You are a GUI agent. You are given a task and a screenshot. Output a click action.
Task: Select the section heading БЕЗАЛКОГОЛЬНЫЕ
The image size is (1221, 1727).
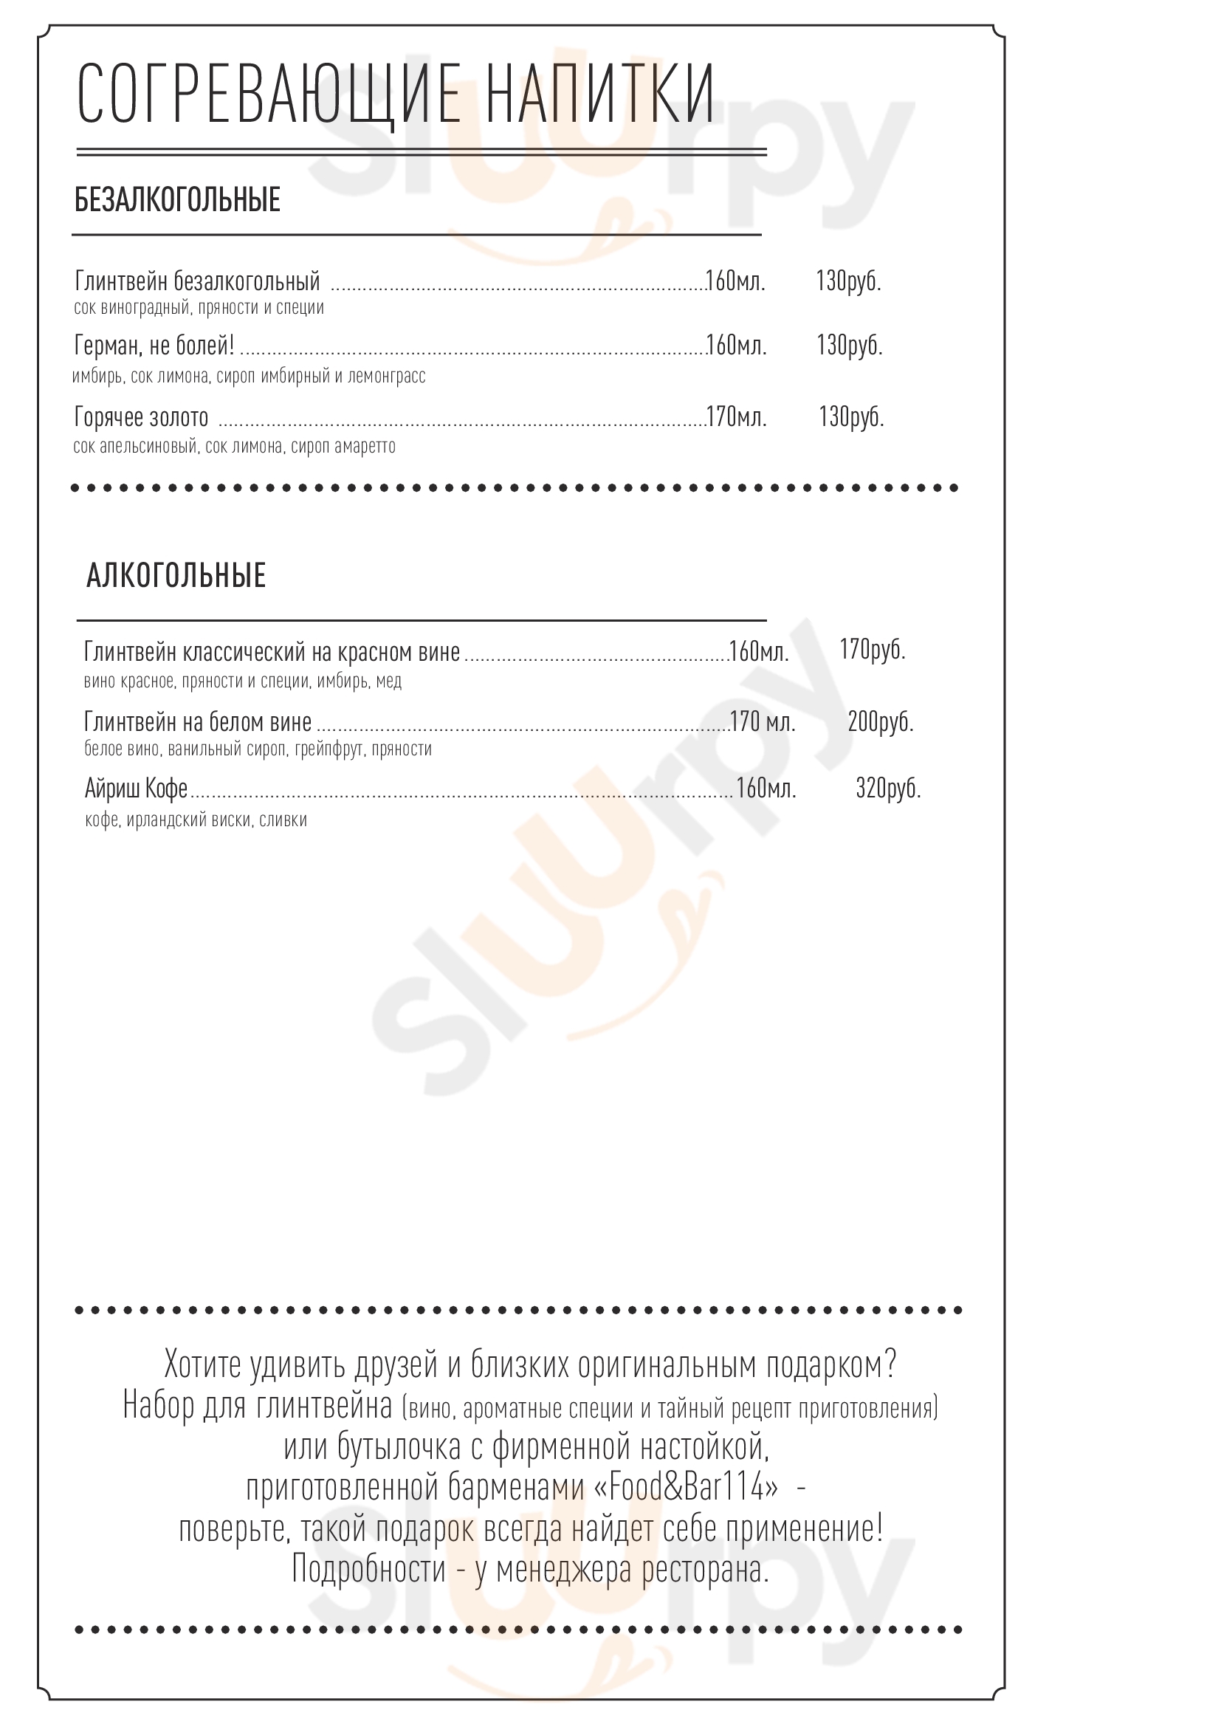(177, 200)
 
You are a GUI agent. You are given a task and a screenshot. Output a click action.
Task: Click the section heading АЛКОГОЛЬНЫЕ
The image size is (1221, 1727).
(176, 575)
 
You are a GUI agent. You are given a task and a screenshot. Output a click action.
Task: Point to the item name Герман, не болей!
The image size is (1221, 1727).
(154, 346)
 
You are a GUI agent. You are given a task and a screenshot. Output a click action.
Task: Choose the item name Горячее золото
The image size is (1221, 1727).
(141, 416)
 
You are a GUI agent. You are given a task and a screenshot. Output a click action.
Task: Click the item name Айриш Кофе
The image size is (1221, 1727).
(136, 789)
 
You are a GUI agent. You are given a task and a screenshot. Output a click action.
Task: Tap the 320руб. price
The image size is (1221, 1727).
(888, 789)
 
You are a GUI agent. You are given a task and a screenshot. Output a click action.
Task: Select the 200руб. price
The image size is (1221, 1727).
(880, 722)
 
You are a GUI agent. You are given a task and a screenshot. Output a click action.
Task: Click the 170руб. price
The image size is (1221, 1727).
(872, 649)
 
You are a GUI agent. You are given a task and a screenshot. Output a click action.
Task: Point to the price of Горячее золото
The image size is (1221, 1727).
(851, 416)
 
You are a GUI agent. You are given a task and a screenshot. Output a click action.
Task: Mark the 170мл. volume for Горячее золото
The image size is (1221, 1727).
(736, 416)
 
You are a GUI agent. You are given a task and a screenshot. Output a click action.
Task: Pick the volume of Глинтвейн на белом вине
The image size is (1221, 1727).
(763, 722)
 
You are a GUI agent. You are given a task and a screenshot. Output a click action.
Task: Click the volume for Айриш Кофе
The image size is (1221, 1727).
(766, 789)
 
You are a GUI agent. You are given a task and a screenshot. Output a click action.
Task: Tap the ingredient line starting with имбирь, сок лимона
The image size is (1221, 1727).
(249, 376)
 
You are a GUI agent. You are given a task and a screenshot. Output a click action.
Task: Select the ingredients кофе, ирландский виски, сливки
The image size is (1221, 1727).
(196, 820)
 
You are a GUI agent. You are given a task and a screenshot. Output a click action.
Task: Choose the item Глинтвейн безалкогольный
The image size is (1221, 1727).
(198, 281)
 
